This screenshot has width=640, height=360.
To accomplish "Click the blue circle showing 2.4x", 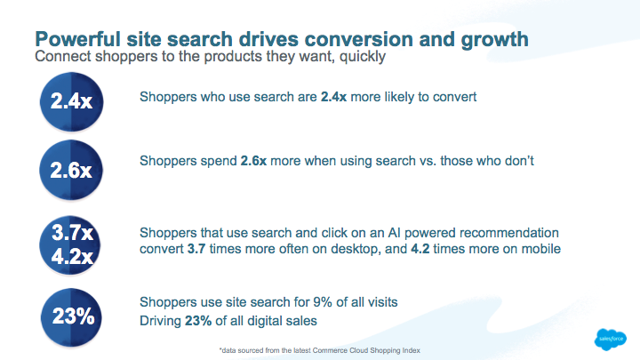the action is click(x=71, y=101).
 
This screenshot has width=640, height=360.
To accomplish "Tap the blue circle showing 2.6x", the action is click(x=71, y=170).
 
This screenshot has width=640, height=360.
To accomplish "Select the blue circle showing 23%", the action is click(x=71, y=317).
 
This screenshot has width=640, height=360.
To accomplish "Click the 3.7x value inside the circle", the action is click(x=73, y=233).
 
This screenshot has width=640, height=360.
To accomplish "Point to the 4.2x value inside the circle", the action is click(x=73, y=256).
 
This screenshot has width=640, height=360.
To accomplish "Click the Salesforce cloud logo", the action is click(x=610, y=340).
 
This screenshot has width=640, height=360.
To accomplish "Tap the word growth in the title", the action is click(x=495, y=40).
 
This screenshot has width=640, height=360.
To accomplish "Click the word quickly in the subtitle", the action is click(x=363, y=56).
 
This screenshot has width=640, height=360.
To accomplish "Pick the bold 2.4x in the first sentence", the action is click(x=333, y=97).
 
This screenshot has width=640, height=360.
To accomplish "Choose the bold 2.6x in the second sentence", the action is click(x=253, y=161).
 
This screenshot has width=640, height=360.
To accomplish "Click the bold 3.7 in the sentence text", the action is click(x=196, y=249).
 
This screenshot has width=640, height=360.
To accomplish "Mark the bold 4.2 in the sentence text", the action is click(x=420, y=249).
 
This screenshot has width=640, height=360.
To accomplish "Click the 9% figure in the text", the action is click(x=323, y=302).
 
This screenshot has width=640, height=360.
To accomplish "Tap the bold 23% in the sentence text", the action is click(x=198, y=321).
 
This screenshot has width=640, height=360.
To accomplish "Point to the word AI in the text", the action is click(x=394, y=233).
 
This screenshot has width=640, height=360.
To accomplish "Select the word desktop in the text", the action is click(x=356, y=250).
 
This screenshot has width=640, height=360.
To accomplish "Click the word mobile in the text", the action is click(x=540, y=249).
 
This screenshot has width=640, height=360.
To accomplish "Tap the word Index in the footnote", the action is click(x=412, y=350).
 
